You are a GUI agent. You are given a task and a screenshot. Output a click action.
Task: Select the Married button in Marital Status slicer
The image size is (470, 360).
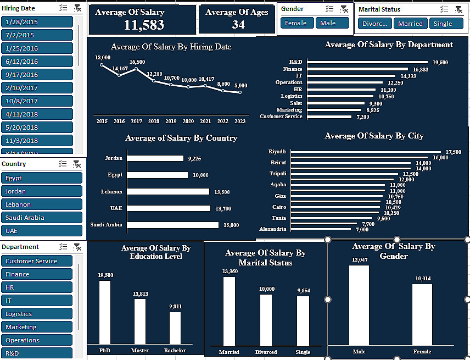pyautogui.click(x=410, y=23)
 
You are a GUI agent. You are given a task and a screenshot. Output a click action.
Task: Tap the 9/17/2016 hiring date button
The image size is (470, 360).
pyautogui.click(x=37, y=75)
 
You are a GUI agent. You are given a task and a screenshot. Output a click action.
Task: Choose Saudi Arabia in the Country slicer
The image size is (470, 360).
pyautogui.click(x=42, y=218)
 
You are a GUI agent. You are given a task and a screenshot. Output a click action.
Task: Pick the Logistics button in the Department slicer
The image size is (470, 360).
pyautogui.click(x=37, y=314)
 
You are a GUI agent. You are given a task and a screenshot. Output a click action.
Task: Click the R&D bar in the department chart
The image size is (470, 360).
pyautogui.click(x=367, y=62)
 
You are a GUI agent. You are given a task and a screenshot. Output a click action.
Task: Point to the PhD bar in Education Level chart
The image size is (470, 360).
pyautogui.click(x=104, y=312)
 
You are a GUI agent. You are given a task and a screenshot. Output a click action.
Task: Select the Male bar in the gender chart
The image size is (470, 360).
pyautogui.click(x=359, y=305)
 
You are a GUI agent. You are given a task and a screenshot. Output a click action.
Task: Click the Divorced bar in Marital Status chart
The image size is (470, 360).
pyautogui.click(x=266, y=319)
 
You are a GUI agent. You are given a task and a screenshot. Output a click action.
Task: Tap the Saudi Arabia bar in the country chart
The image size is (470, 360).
pyautogui.click(x=171, y=225)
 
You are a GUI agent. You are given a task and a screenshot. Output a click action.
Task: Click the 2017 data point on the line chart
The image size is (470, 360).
pyautogui.click(x=136, y=69)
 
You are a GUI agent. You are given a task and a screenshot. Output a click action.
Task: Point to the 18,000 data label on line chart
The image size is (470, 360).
pyautogui.click(x=103, y=58)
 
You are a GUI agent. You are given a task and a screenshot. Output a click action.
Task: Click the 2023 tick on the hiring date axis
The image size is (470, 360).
pyautogui.click(x=240, y=121)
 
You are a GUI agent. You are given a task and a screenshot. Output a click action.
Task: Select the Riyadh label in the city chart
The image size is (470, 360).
pyautogui.click(x=277, y=151)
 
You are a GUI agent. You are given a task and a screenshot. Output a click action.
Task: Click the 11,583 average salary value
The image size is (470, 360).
pyautogui.click(x=144, y=25)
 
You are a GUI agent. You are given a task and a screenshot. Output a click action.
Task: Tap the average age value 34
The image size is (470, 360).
pyautogui.click(x=238, y=25)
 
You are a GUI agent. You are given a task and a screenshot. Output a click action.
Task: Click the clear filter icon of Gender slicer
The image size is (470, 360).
pyautogui.click(x=344, y=9)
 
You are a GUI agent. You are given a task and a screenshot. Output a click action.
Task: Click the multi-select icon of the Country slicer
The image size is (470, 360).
pyautogui.click(x=63, y=164)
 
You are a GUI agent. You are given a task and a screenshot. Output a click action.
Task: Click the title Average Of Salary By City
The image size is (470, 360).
pyautogui.click(x=374, y=136)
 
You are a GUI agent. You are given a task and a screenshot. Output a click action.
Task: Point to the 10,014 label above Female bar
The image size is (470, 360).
pyautogui.click(x=423, y=279)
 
